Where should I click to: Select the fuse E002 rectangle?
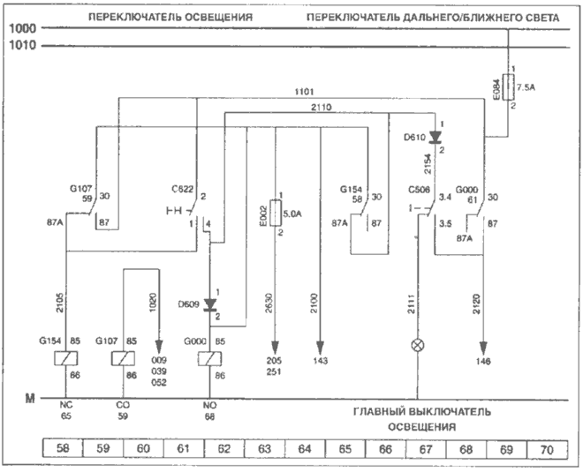(276, 213)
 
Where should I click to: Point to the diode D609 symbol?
(209, 305)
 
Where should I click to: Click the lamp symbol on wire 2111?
(419, 345)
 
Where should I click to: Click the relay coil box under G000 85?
(209, 360)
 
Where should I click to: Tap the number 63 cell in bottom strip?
(264, 449)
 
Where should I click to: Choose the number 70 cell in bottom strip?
(548, 449)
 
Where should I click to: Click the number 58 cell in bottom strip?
(62, 449)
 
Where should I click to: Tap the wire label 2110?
(321, 106)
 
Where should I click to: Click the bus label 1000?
(22, 29)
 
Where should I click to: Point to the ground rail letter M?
(29, 399)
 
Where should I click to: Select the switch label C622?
(183, 188)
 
